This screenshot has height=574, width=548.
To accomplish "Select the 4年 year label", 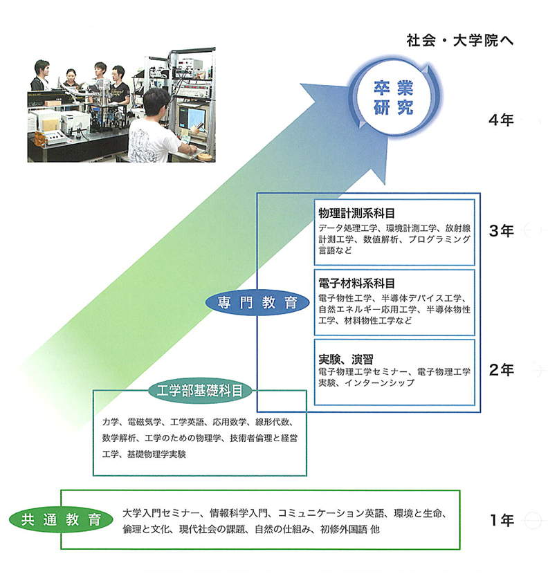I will coord(500,120).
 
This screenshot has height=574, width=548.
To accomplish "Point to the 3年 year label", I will coord(500,231).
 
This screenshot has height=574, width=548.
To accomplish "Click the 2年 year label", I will coord(500,370).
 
